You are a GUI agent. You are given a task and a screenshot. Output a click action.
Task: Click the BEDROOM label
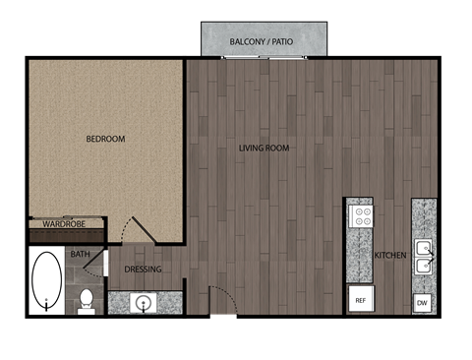(105, 139)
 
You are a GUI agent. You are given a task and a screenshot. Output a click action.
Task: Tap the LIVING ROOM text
(264, 149)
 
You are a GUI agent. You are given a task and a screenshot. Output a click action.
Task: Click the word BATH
(80, 255)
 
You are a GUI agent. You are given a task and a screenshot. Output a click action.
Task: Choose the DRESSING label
(144, 270)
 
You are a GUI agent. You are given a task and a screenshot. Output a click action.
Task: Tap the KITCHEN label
(390, 256)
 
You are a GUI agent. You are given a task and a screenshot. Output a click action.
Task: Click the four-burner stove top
(361, 215)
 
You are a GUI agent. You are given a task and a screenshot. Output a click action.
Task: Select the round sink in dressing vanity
(144, 302)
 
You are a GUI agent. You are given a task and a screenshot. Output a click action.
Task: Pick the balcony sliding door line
(262, 58)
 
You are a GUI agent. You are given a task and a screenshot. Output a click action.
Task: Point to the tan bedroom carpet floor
(105, 177)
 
